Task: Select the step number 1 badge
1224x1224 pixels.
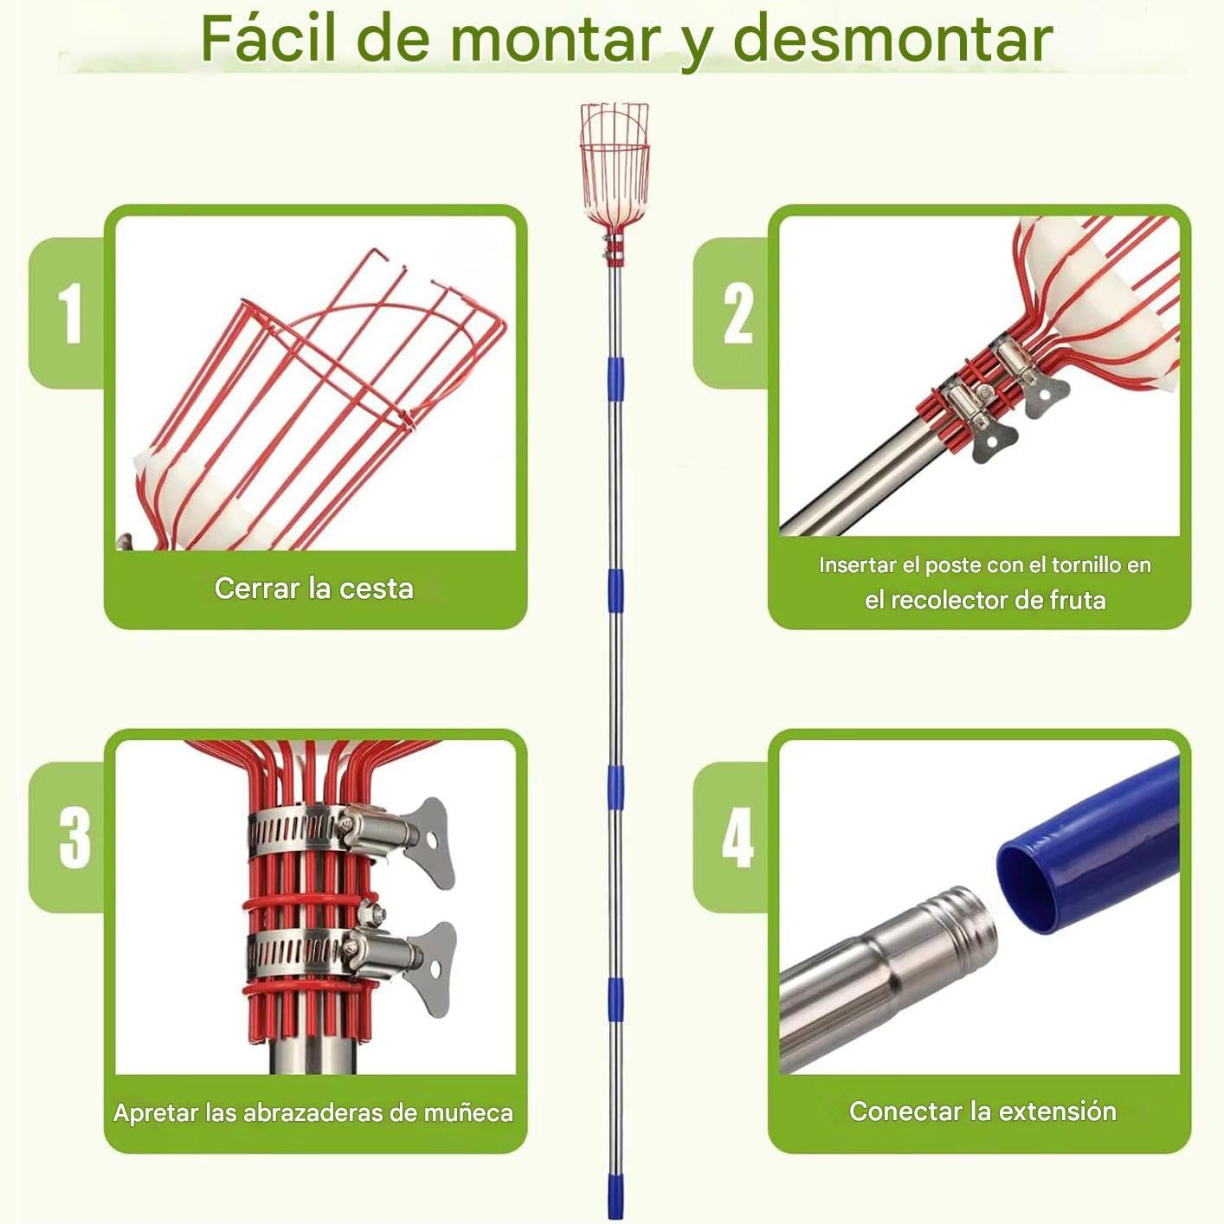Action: tap(69, 312)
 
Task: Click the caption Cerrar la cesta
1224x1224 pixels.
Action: tap(313, 588)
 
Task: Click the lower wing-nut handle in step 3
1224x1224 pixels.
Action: tap(431, 970)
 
